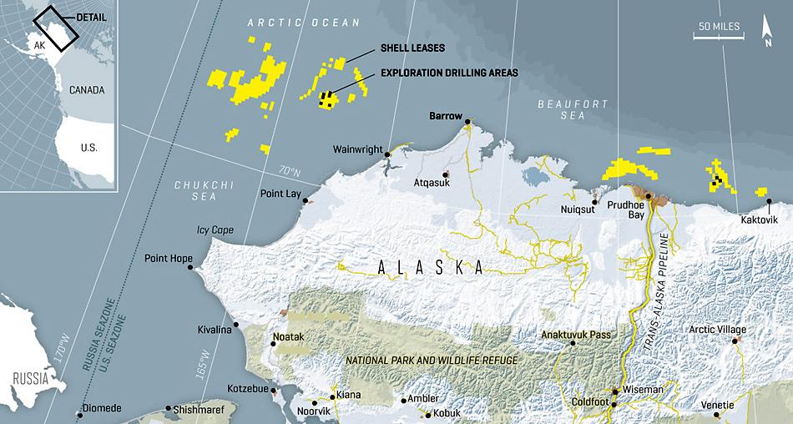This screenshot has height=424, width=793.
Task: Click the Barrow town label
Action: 445,116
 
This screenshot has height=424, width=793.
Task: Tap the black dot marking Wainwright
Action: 387,154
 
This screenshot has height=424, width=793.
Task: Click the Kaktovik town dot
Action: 768,201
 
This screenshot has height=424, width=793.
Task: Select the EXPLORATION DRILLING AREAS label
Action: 449,73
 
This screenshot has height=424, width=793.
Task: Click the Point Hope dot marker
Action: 190,267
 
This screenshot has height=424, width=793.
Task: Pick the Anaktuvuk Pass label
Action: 575,335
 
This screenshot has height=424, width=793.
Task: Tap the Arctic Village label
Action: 718,330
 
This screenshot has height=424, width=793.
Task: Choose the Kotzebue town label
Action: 248,389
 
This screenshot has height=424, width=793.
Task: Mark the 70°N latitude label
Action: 290,171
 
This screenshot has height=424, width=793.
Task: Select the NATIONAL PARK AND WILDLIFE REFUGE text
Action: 432,359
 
